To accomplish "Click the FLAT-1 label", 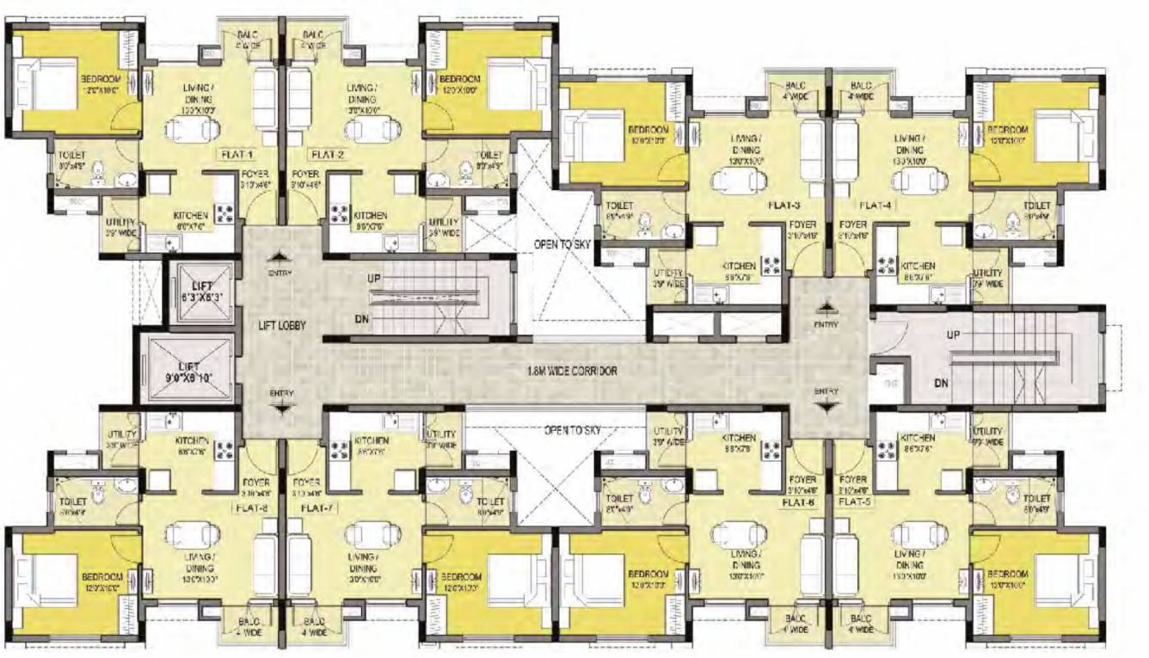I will (236, 155).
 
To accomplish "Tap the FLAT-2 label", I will (328, 155).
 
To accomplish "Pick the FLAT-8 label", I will (251, 507).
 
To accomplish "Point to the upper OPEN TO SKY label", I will (563, 245).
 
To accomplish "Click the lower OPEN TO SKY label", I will (572, 429).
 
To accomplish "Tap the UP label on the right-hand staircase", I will (953, 335).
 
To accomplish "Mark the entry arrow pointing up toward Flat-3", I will (826, 305).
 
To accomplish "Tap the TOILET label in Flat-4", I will (1036, 206).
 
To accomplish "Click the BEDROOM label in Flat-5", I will (1007, 575).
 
